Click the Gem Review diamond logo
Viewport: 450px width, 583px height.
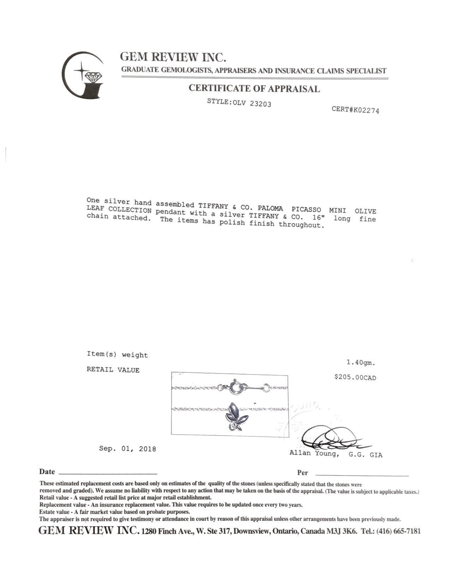pyautogui.click(x=83, y=75)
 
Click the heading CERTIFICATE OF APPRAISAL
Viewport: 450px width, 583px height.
pyautogui.click(x=254, y=88)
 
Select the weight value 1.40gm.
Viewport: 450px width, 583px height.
pyautogui.click(x=361, y=363)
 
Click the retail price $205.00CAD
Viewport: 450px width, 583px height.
pyautogui.click(x=355, y=377)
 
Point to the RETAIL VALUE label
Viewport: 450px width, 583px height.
pyautogui.click(x=113, y=370)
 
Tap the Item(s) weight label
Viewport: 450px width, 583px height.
pyautogui.click(x=117, y=355)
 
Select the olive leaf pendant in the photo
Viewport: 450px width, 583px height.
pyautogui.click(x=236, y=416)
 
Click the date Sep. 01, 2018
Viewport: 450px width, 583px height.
pyautogui.click(x=127, y=449)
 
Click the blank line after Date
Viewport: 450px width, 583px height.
pyautogui.click(x=108, y=473)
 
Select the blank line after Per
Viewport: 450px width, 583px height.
pyautogui.click(x=362, y=475)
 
